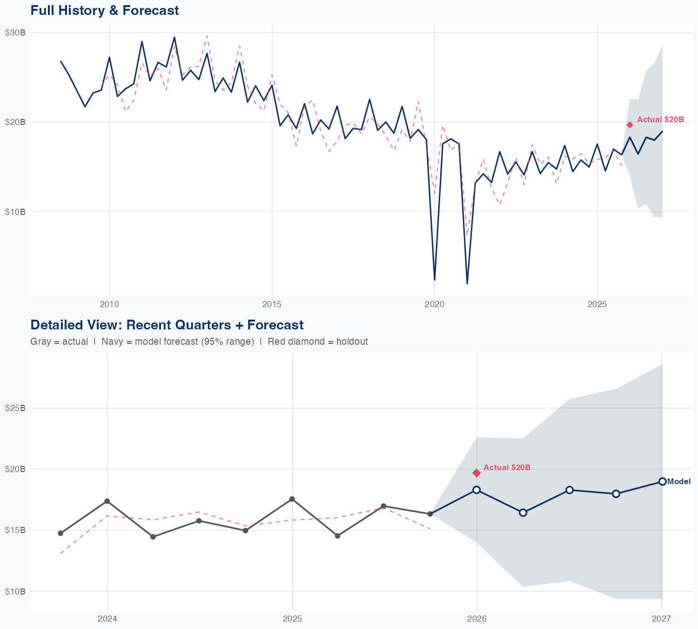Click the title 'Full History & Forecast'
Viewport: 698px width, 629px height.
point(104,10)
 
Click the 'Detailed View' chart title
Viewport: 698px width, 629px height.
point(167,325)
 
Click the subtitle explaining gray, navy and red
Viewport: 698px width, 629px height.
point(199,342)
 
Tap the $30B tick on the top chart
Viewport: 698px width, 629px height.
point(15,32)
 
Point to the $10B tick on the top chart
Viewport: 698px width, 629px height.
point(15,212)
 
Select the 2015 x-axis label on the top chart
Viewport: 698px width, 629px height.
point(272,305)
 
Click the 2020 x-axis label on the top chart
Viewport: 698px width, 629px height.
point(434,305)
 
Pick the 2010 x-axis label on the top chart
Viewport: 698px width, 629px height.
point(109,305)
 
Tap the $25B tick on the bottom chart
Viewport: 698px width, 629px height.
point(15,408)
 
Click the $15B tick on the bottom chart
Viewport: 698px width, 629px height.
point(15,530)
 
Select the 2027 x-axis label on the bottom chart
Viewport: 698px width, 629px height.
point(661,619)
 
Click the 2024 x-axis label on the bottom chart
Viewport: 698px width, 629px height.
point(107,619)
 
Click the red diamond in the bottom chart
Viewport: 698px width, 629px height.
point(477,473)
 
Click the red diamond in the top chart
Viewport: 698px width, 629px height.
point(630,124)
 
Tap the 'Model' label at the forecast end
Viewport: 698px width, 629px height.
point(679,482)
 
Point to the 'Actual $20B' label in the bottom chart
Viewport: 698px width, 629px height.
point(507,467)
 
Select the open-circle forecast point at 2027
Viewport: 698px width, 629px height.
point(662,481)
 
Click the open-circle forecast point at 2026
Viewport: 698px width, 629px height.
point(477,490)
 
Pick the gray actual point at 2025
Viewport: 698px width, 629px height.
point(292,499)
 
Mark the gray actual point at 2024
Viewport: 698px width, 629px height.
point(107,501)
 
